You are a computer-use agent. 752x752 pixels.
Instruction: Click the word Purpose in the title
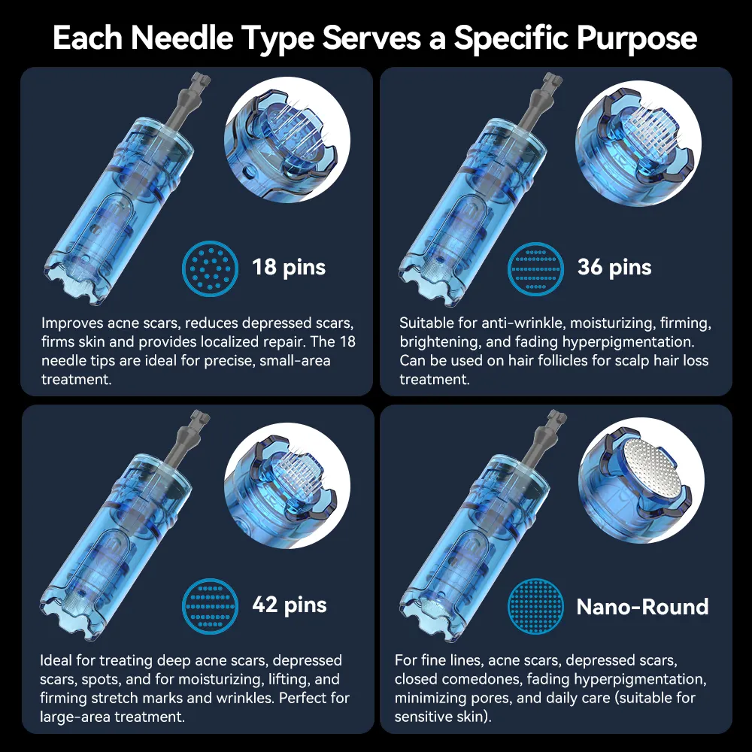[x=637, y=38]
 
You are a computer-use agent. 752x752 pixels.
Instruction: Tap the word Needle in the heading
[x=182, y=38]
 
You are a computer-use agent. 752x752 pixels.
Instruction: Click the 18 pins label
[x=289, y=268]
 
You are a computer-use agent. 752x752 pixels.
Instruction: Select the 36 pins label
[x=614, y=268]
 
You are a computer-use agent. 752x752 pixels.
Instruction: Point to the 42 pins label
[x=290, y=605]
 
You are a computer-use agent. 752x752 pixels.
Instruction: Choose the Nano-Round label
[x=642, y=607]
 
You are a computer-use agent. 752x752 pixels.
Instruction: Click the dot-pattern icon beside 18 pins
[x=210, y=268]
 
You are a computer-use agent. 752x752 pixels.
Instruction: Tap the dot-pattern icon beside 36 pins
[x=535, y=268]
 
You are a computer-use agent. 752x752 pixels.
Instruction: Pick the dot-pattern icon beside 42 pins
[x=210, y=606]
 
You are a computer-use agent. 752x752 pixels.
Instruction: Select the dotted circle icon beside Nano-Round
[x=535, y=606]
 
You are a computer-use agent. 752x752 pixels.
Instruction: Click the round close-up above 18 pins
[x=287, y=140]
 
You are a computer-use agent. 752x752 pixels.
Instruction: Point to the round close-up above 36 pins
[x=638, y=143]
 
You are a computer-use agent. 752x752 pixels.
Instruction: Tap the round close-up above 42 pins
[x=287, y=485]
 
